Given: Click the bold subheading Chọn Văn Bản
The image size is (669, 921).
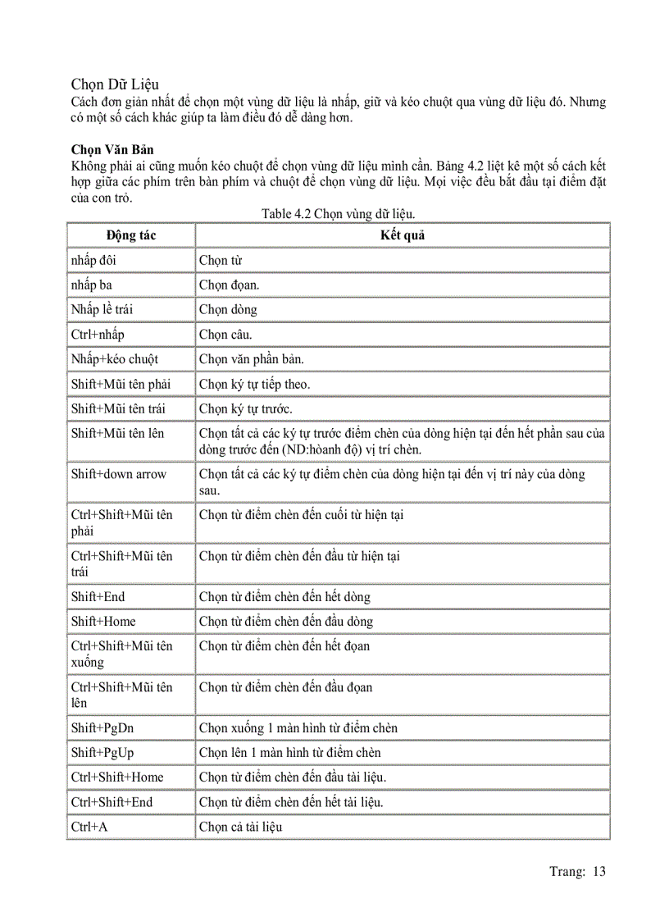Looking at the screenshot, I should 112,150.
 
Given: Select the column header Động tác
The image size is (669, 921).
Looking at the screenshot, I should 131,235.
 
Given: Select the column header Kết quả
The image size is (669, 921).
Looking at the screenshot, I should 402,235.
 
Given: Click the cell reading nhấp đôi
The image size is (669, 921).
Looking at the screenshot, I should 94,261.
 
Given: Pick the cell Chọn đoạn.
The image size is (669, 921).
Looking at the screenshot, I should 230,285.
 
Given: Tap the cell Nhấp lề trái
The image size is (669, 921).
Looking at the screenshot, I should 102,310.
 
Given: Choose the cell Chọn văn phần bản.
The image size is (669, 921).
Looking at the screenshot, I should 253,359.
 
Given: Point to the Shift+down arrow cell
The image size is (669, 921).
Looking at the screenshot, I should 119,474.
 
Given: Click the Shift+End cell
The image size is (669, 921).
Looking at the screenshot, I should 98,597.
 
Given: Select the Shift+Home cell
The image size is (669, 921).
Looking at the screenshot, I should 103,622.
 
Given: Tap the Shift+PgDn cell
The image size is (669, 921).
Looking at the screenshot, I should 102,728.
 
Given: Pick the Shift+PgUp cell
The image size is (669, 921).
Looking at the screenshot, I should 102,753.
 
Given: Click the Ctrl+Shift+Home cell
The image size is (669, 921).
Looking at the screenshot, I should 117,777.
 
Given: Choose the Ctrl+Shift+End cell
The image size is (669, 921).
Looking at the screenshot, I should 112,802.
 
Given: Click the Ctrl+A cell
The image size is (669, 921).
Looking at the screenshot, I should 89,827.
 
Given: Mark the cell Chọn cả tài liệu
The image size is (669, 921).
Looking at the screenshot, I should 241,827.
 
